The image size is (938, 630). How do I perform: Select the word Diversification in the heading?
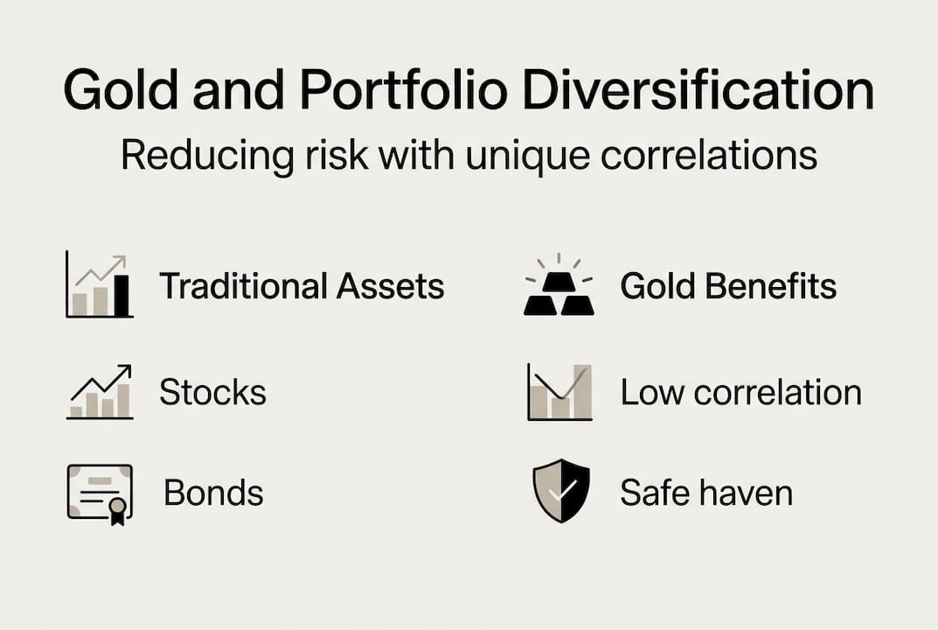click(x=695, y=92)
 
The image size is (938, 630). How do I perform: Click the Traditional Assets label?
click(x=302, y=286)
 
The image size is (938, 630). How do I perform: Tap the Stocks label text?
click(x=212, y=393)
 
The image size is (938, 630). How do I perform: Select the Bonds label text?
click(x=213, y=493)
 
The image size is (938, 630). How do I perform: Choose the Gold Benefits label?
click(x=728, y=286)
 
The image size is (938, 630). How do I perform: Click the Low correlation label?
click(x=740, y=393)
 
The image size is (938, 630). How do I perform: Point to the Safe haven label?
click(x=706, y=493)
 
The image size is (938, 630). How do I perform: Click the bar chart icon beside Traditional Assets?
click(x=99, y=285)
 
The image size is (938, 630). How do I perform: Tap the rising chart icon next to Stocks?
click(x=100, y=392)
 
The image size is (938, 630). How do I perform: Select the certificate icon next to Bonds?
click(x=100, y=493)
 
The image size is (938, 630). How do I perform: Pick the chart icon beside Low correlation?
click(x=559, y=392)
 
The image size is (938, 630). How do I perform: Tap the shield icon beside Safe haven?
click(x=561, y=492)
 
